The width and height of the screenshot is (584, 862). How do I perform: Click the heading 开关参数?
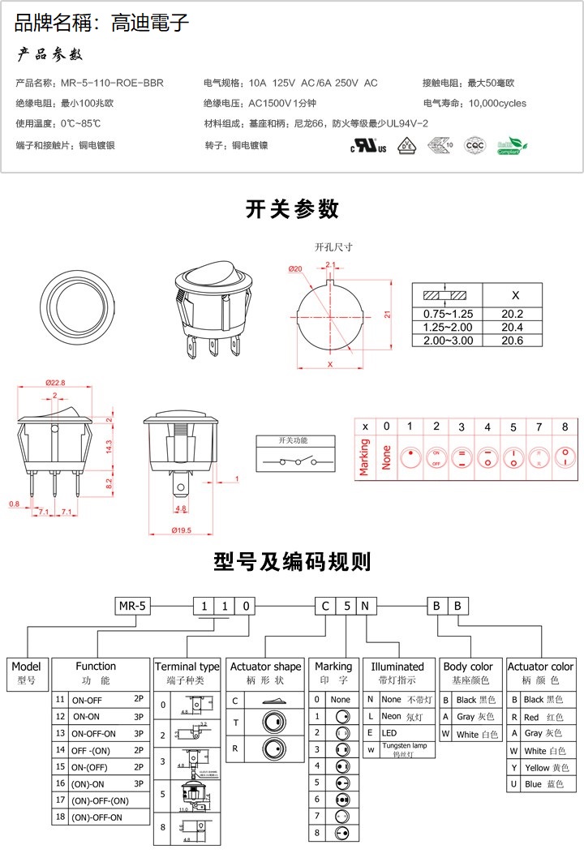292,209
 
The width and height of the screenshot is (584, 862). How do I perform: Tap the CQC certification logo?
474,146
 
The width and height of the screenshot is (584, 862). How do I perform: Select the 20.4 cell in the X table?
512,327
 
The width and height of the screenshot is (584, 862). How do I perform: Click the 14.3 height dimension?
108,445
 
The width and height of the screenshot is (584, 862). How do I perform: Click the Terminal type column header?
187,667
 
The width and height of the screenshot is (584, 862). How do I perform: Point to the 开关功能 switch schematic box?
294,454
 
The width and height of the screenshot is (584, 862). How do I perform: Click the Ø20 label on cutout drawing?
294,268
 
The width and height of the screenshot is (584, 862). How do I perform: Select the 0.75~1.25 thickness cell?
448,314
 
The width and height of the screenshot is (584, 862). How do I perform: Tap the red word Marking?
364,457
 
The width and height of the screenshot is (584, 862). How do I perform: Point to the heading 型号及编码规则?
292,561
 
